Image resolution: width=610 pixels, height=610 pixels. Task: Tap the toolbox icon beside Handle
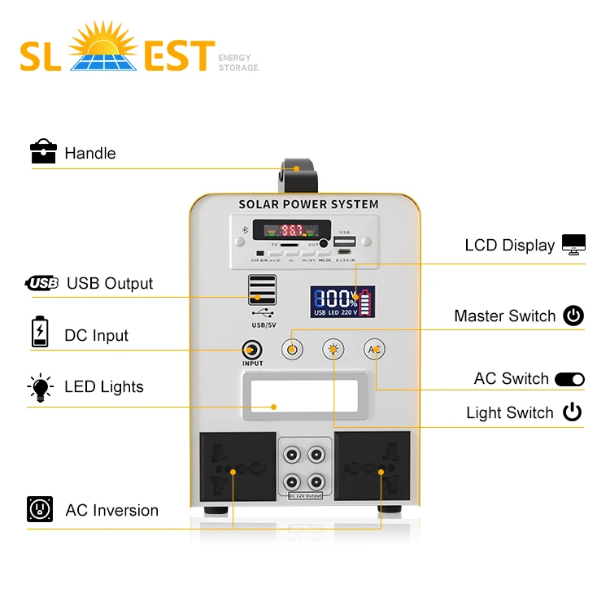43,151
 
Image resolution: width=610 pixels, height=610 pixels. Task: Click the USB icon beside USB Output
42,283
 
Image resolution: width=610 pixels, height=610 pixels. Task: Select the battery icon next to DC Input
40,333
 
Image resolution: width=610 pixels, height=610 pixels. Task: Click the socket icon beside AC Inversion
40,509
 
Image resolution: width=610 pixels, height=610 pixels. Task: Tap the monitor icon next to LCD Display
573,245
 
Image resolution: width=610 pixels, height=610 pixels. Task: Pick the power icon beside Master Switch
573,316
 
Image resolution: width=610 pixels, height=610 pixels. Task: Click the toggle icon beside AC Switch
569,379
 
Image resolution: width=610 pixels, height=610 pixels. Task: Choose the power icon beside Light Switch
573,412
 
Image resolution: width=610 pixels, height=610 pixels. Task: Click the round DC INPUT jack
253,351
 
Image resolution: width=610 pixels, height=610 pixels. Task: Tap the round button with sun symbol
333,350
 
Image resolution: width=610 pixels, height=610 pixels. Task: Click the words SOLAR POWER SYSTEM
308,204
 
